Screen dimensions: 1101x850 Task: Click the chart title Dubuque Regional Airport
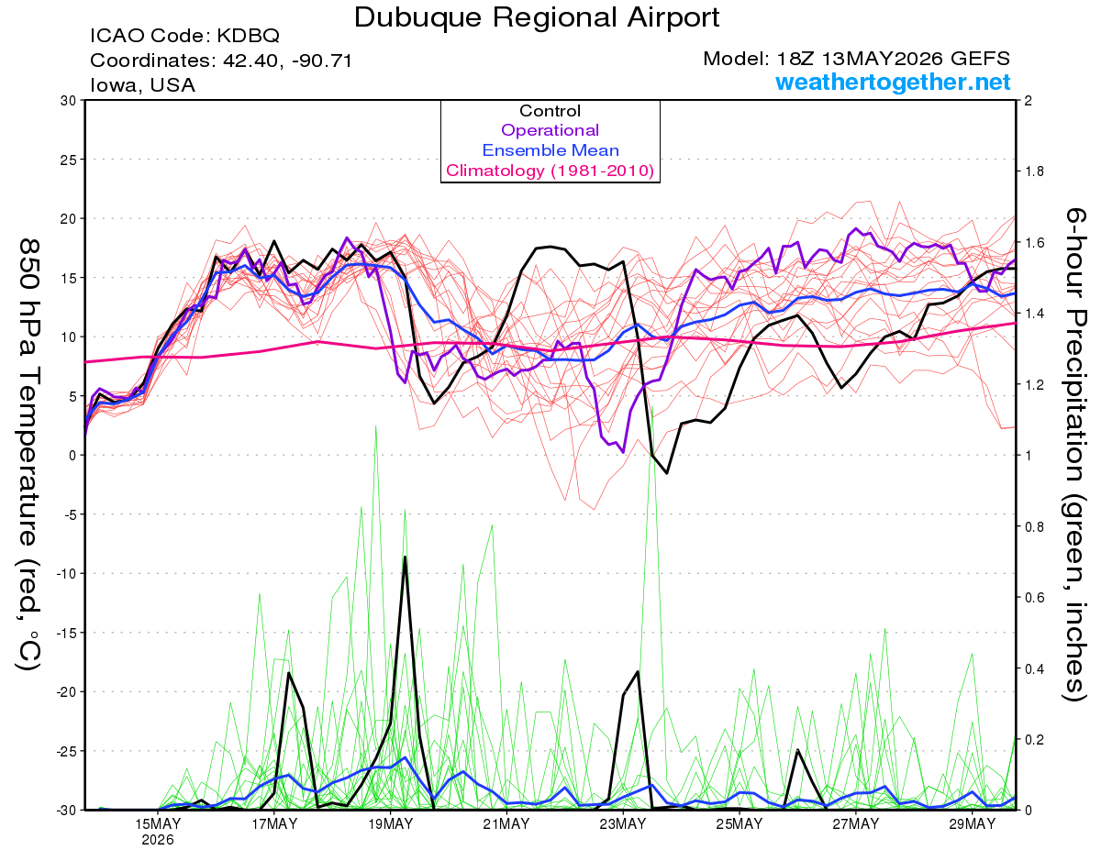coord(537,17)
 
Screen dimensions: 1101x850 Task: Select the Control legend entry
coord(550,111)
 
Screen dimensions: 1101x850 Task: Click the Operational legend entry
coord(550,130)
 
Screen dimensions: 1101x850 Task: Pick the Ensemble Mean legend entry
coord(550,150)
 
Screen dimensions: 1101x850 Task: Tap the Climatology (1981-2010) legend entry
coord(550,171)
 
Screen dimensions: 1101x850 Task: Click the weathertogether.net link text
coord(893,83)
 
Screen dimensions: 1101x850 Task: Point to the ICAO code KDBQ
coord(249,36)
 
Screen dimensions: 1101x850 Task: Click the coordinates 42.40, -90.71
coord(287,61)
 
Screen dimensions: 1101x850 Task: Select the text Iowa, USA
coord(142,85)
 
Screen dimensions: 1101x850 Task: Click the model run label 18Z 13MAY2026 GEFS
coord(894,59)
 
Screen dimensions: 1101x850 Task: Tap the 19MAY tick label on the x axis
coord(390,824)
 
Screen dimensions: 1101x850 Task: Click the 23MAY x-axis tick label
coord(623,824)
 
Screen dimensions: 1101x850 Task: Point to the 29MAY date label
coord(973,824)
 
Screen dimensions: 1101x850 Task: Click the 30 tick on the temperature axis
coord(69,101)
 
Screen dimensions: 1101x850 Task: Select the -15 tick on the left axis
coord(66,633)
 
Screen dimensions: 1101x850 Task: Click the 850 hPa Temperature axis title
coord(29,454)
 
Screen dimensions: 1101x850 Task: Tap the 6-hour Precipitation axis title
coord(1075,454)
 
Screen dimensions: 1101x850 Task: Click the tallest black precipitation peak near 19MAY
coord(405,557)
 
